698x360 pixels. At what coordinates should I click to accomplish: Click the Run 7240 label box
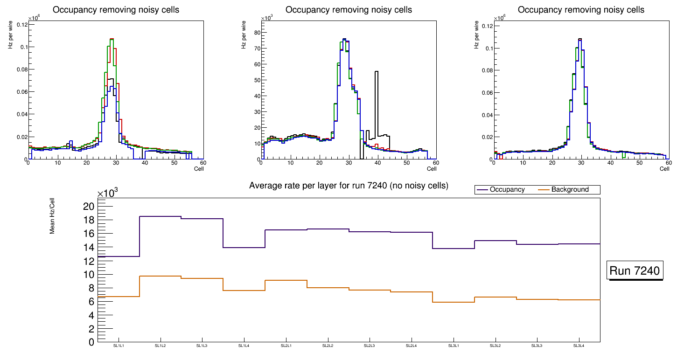point(635,270)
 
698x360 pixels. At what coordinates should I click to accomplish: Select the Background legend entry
point(569,190)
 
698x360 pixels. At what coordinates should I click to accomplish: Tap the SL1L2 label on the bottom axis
point(161,346)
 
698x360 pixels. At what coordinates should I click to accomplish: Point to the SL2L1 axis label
point(286,346)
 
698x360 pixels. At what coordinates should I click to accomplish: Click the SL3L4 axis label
point(579,346)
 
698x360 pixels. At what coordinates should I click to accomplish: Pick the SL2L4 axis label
point(412,346)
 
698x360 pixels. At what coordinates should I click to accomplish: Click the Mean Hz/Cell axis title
point(53,219)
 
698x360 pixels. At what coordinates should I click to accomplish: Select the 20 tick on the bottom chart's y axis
point(89,207)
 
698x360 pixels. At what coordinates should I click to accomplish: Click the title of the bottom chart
point(349,186)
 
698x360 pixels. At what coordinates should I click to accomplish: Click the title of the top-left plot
point(116,10)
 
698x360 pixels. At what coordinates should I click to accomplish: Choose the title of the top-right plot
point(581,10)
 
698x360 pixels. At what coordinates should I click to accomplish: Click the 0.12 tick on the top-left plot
point(21,24)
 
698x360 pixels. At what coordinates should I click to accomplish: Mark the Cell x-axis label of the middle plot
point(431,168)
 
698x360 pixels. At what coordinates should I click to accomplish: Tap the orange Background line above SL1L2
point(160,276)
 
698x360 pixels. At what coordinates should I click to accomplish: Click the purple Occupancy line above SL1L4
point(244,247)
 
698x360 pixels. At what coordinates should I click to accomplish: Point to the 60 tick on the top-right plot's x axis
point(668,163)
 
